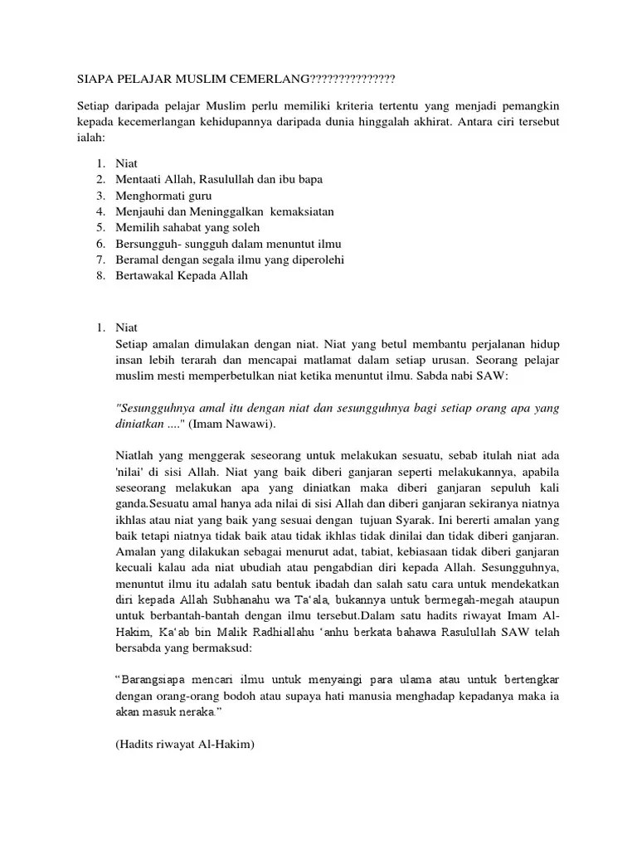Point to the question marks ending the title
pyautogui.click(x=352, y=79)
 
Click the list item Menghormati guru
pyautogui.click(x=164, y=195)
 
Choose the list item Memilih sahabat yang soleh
pyautogui.click(x=188, y=227)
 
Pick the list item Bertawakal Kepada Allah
pyautogui.click(x=182, y=276)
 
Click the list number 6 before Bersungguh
pyautogui.click(x=100, y=244)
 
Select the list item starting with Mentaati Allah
pyautogui.click(x=220, y=179)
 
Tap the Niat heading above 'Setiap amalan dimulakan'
pyautogui.click(x=128, y=328)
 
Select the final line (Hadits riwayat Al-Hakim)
pyautogui.click(x=184, y=744)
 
